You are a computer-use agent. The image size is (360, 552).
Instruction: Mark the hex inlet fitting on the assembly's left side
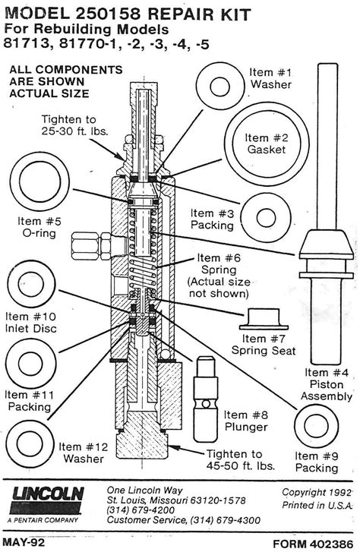click(89, 246)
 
